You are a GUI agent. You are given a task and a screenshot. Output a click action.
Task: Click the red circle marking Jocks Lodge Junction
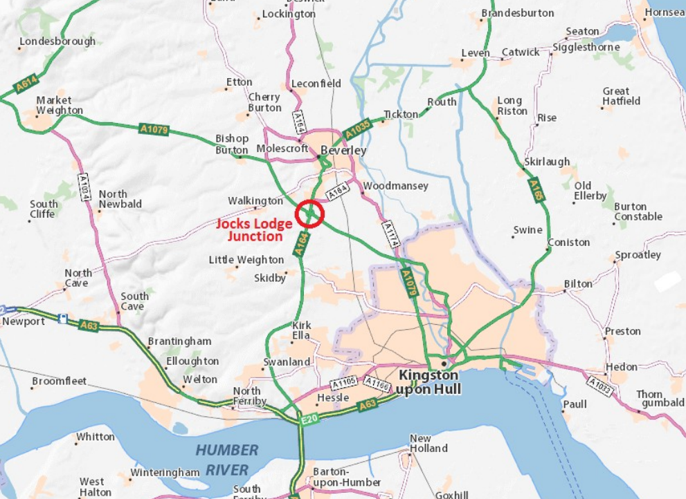(x=309, y=214)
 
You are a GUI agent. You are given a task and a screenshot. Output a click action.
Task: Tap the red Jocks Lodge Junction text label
(x=254, y=229)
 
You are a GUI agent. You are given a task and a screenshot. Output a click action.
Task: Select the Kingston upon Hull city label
(x=428, y=382)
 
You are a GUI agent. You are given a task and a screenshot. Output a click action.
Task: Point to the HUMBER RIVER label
(x=226, y=460)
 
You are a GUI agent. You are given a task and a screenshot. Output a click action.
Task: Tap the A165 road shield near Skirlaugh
(x=535, y=189)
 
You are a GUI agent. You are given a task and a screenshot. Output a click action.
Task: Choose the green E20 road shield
(x=309, y=420)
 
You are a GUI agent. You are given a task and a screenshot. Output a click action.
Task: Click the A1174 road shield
(x=391, y=235)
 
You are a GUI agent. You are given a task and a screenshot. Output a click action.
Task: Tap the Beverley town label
(x=343, y=151)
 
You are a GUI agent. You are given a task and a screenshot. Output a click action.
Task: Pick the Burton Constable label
(x=638, y=211)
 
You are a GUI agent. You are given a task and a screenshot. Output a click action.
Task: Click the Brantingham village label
(x=179, y=341)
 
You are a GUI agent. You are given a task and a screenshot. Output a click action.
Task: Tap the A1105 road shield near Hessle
(x=344, y=382)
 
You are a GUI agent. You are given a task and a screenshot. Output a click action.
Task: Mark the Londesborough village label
(x=57, y=41)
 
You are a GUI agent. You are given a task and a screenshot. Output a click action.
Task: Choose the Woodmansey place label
(x=395, y=186)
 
